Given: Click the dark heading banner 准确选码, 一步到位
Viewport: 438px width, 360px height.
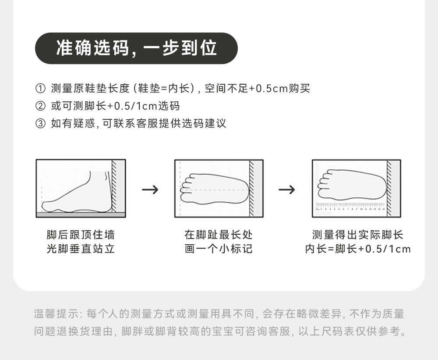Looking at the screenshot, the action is point(136,48).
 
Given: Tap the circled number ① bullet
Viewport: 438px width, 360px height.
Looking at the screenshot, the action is point(40,89).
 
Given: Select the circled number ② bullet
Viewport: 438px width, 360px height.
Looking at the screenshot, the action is point(40,106).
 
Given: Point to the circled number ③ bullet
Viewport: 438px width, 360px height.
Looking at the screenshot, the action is point(40,124).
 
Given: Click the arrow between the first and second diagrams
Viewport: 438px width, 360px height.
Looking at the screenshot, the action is point(150,189).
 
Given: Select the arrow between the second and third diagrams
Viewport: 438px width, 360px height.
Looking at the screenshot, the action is point(287,189).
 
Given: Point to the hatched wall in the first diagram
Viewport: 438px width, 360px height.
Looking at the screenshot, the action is point(114,186).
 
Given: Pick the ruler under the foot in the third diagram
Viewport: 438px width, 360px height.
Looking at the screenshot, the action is point(350,206).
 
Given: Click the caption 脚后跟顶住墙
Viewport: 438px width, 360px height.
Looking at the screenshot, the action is point(81,235).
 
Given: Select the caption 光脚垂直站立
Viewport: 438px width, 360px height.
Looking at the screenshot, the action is point(81,249).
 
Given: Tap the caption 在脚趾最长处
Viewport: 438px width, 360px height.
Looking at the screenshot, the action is point(219,235).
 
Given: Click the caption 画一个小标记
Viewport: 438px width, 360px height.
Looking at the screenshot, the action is point(219,249).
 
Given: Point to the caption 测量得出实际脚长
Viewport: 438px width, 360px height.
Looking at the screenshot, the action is point(357,235).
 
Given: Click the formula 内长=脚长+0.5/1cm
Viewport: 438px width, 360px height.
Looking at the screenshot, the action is point(357,249).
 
